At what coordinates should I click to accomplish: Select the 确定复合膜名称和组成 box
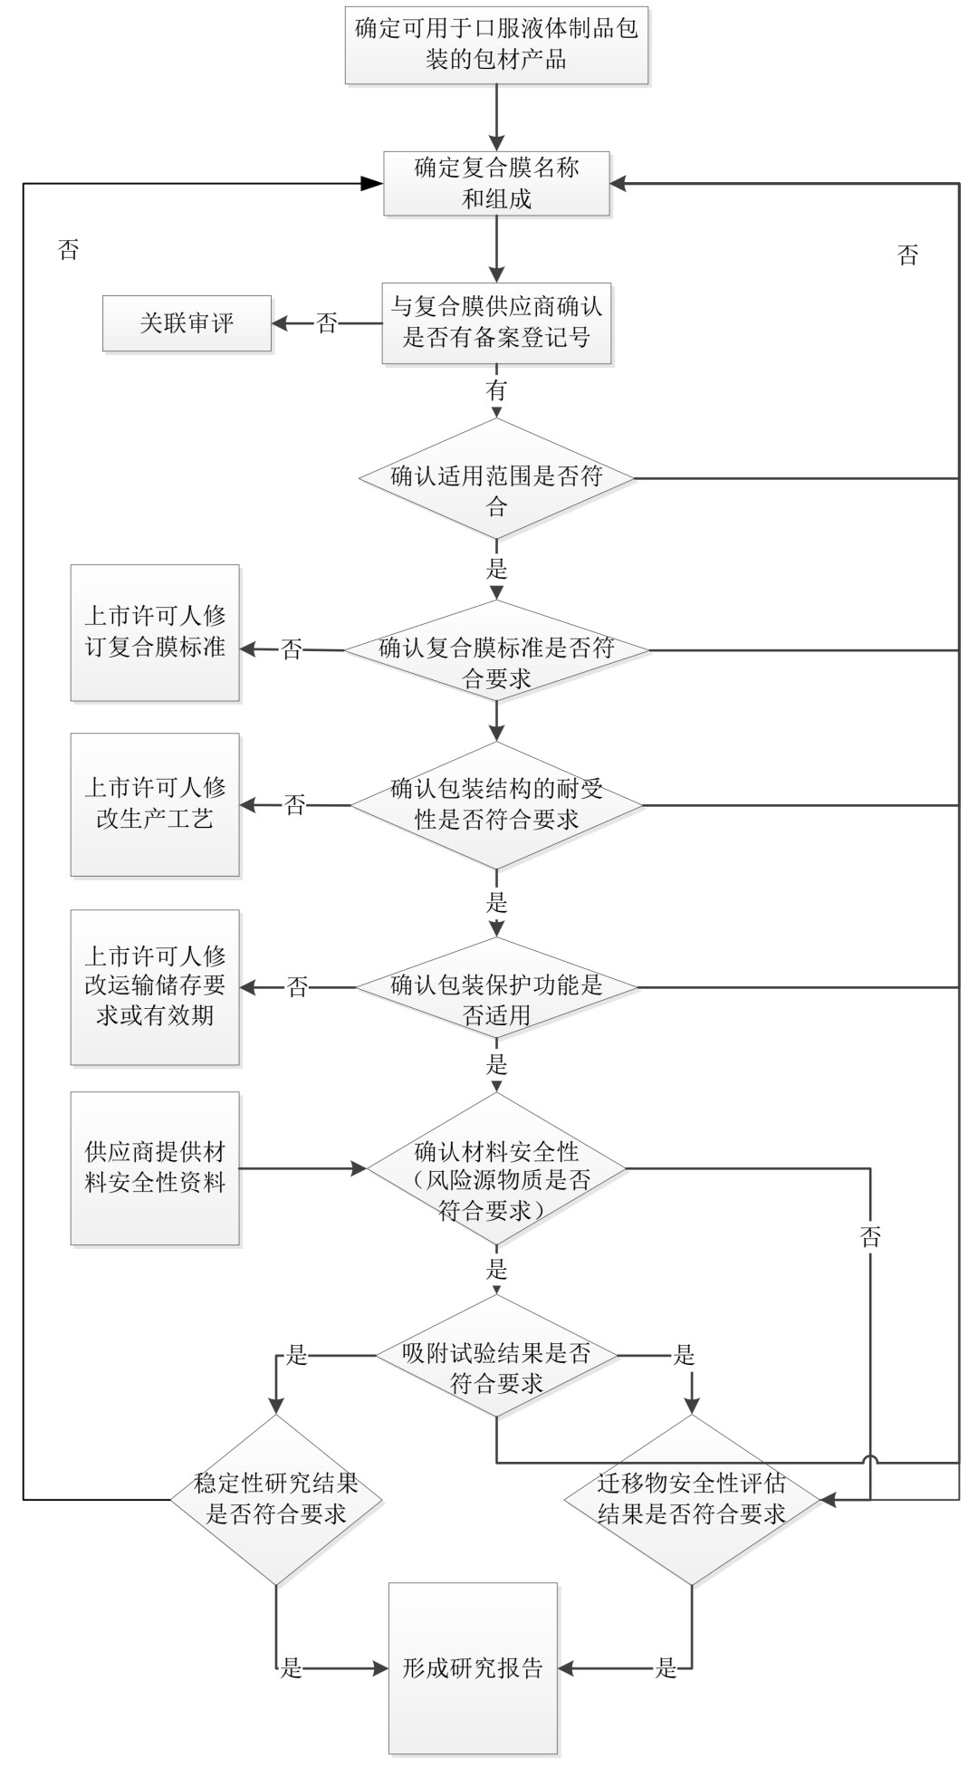click(x=496, y=184)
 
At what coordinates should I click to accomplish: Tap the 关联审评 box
click(x=187, y=323)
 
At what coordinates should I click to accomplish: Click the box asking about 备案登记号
click(x=496, y=323)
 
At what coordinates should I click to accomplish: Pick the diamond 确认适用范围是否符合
click(x=496, y=479)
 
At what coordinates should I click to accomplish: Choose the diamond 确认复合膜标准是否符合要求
click(x=496, y=650)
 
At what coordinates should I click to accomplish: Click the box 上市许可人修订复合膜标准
click(x=155, y=632)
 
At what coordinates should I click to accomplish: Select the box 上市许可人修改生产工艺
click(x=155, y=804)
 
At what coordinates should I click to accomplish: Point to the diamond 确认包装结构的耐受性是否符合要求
click(x=496, y=805)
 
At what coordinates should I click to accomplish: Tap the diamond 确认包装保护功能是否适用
click(x=496, y=987)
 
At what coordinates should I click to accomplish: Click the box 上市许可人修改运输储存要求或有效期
click(x=155, y=987)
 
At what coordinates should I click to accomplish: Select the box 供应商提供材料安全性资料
click(x=155, y=1167)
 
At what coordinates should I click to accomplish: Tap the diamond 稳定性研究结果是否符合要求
click(x=276, y=1499)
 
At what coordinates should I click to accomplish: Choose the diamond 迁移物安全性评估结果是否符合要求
click(x=692, y=1500)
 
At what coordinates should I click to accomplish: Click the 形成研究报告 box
click(x=473, y=1667)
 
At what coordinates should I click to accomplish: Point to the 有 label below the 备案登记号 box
click(x=496, y=390)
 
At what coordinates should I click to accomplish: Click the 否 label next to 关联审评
click(x=327, y=323)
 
